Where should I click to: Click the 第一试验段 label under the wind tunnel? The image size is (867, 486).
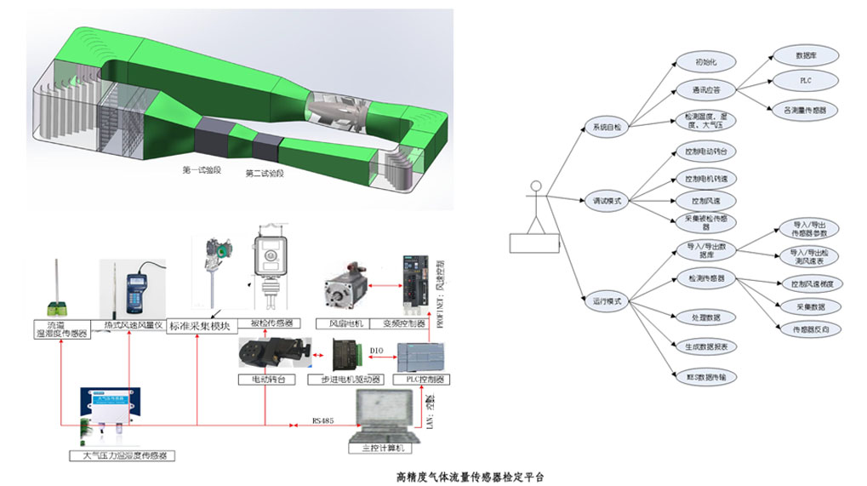202,169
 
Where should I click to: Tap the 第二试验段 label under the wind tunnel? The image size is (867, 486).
264,174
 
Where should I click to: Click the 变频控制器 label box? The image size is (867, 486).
418,323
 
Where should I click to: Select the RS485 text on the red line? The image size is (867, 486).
325,419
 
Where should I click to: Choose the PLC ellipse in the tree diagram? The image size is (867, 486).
805,80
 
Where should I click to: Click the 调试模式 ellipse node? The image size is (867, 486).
607,202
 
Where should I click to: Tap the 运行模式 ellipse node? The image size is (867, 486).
607,300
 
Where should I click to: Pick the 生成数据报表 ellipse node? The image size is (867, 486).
705,346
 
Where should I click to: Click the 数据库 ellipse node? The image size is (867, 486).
805,55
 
